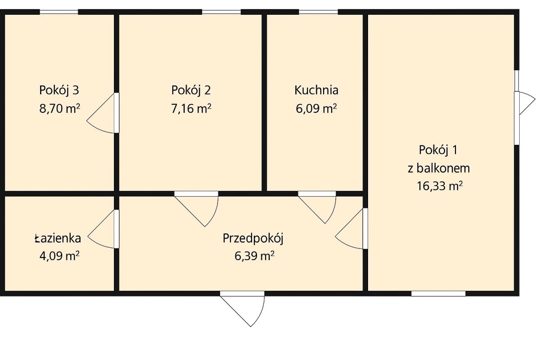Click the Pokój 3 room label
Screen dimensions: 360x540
click(x=59, y=90)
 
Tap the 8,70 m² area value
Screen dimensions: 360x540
click(x=59, y=109)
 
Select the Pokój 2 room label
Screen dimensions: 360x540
click(x=191, y=90)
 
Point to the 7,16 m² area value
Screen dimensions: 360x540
click(x=191, y=109)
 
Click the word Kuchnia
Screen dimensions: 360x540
click(x=316, y=90)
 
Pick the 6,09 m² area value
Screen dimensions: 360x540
click(x=316, y=109)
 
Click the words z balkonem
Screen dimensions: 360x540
click(x=439, y=168)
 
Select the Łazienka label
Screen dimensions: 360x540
click(x=58, y=238)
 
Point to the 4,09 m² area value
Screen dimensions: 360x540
click(x=59, y=256)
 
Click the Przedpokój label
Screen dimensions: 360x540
click(x=252, y=238)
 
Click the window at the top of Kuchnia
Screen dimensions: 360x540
click(x=319, y=12)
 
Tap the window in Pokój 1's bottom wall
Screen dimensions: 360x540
click(x=438, y=293)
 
